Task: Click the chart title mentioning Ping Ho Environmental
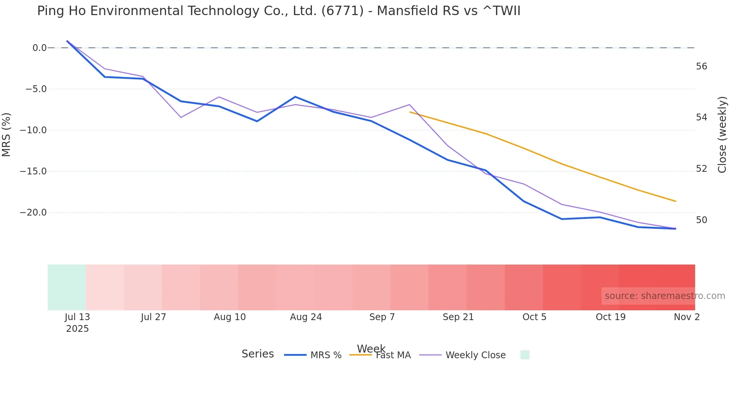pyautogui.click(x=279, y=11)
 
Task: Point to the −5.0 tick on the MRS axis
pyautogui.click(x=36, y=89)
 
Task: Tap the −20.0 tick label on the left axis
pyautogui.click(x=33, y=213)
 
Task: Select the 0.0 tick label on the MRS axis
pyautogui.click(x=39, y=48)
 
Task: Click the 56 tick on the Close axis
pyautogui.click(x=701, y=67)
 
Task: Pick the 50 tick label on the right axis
pyautogui.click(x=701, y=220)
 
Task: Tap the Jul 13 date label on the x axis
pyautogui.click(x=78, y=317)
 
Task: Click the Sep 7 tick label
pyautogui.click(x=382, y=317)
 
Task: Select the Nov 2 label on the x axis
pyautogui.click(x=687, y=317)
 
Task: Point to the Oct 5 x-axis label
pyautogui.click(x=534, y=317)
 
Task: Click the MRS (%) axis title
pyautogui.click(x=6, y=134)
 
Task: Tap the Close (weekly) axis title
pyautogui.click(x=722, y=134)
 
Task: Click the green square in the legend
pyautogui.click(x=525, y=355)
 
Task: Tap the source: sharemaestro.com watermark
pyautogui.click(x=665, y=296)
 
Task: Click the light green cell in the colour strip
pyautogui.click(x=67, y=287)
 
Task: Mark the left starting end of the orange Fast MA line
pyautogui.click(x=410, y=112)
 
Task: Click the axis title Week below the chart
pyautogui.click(x=371, y=348)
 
